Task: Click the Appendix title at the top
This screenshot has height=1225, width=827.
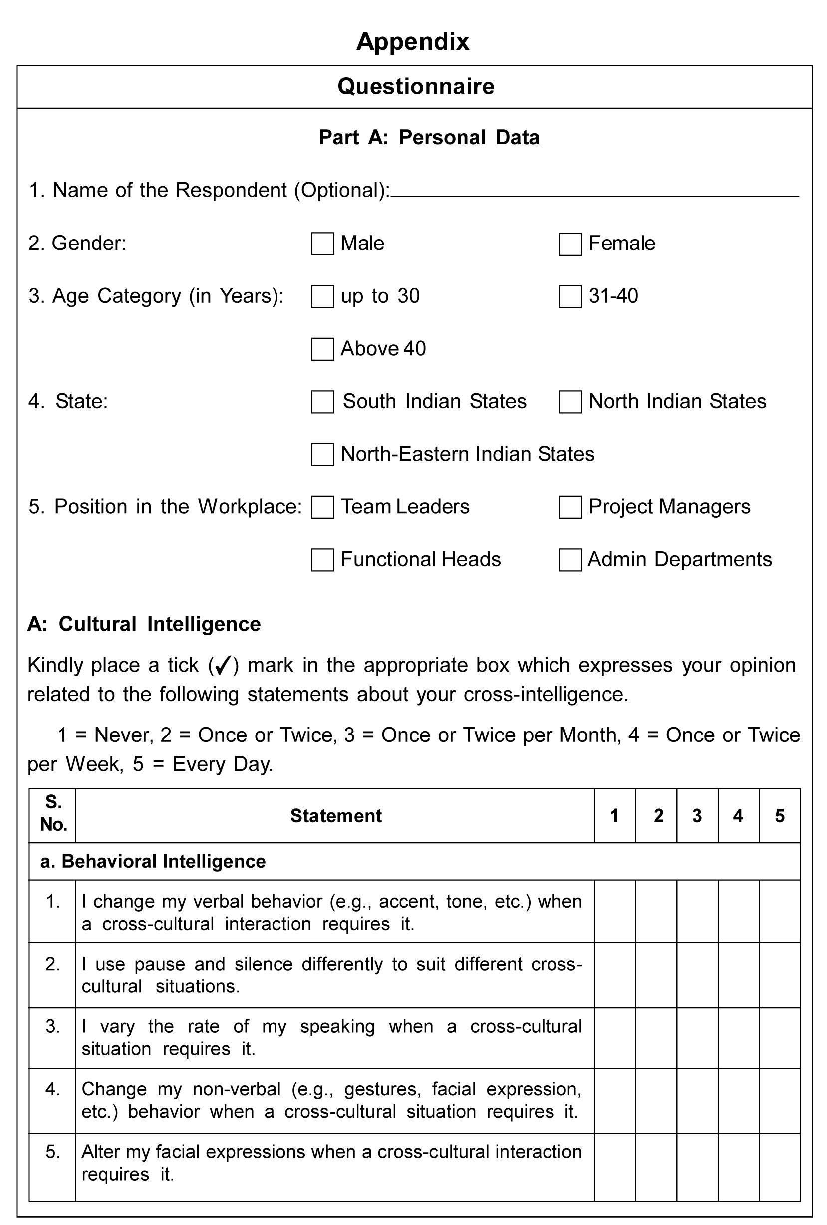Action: pos(413,41)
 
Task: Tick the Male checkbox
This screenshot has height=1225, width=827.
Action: pos(322,244)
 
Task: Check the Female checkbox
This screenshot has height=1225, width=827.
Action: pos(570,245)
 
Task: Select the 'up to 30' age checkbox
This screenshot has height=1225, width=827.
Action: pos(322,297)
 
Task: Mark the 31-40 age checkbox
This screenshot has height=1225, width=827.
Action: pos(570,297)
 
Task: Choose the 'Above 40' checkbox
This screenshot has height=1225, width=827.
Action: pos(322,349)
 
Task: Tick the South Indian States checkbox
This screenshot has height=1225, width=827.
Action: pos(322,402)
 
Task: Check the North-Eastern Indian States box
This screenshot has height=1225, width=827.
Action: pos(322,455)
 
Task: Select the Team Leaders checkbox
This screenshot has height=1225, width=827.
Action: pos(322,507)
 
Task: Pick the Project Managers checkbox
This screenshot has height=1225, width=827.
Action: pos(570,507)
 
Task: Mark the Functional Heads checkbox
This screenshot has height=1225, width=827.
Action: pos(322,560)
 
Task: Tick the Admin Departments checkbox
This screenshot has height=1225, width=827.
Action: pos(570,560)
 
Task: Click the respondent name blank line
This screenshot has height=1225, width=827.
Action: pos(594,192)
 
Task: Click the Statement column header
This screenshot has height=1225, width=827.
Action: pos(336,816)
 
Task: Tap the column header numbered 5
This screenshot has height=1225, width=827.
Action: pos(780,816)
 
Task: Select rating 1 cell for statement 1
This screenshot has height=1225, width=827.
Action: pos(614,911)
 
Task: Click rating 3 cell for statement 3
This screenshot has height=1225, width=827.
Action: pos(697,1038)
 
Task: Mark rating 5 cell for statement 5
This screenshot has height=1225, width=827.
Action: pos(780,1167)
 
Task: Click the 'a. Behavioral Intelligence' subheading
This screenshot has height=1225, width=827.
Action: pos(153,861)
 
